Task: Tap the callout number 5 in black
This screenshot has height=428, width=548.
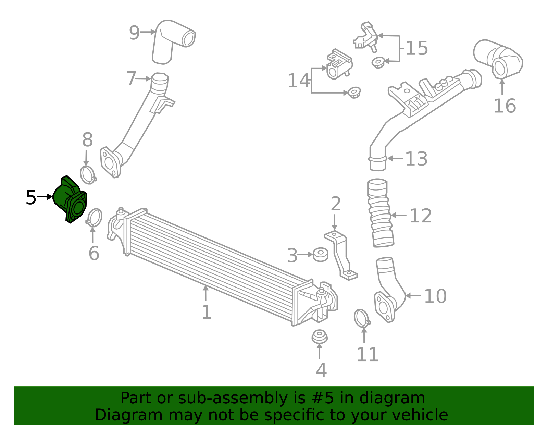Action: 31,198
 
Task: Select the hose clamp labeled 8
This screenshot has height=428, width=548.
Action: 88,175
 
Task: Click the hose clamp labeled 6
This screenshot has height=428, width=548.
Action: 94,217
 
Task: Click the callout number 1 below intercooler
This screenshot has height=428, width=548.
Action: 206,312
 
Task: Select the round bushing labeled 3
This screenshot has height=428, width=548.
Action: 321,254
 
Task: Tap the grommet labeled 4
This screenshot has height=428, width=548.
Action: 319,337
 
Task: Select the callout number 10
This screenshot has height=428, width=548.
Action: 435,296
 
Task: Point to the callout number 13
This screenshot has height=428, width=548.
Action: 416,159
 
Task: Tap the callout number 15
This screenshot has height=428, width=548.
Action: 417,48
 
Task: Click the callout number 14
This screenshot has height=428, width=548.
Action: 298,81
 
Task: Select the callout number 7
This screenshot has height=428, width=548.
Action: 131,78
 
